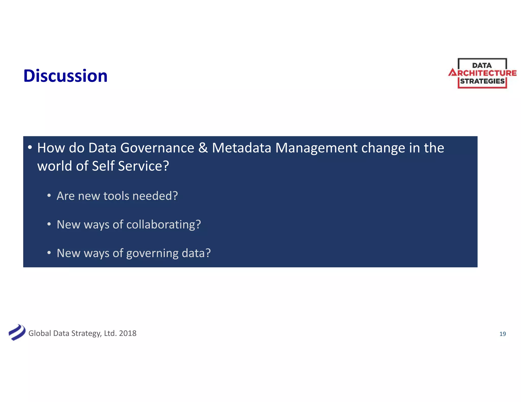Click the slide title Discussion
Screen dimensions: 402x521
[x=65, y=76]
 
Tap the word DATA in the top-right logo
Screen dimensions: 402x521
[x=482, y=65]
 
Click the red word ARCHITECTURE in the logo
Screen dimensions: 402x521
[x=483, y=73]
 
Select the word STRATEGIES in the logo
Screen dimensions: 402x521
[x=482, y=81]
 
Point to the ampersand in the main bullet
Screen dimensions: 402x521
[x=203, y=148]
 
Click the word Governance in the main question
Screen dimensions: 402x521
[x=157, y=148]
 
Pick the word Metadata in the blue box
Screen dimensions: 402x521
[x=241, y=148]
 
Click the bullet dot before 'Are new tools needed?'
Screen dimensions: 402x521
[x=49, y=196]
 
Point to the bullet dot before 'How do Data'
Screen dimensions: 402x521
[x=30, y=147]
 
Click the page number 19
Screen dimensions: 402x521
[x=502, y=334]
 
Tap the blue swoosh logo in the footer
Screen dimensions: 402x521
[x=17, y=332]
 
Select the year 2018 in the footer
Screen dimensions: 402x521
[x=128, y=333]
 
